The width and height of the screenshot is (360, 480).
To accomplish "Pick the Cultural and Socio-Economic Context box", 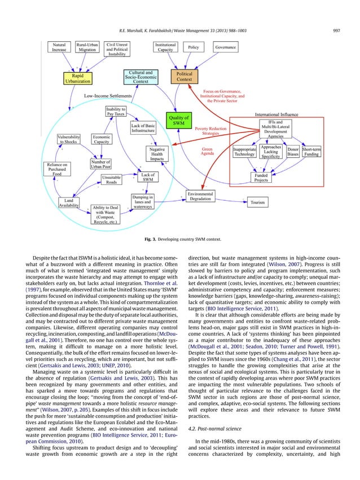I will coord(141,77).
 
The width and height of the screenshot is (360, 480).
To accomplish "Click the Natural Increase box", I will coord(58,47).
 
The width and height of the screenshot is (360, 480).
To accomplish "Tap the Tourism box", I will coord(257,201).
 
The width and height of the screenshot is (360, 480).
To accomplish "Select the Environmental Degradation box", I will coord(200,196).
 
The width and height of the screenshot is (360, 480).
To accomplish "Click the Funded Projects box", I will coord(261,178).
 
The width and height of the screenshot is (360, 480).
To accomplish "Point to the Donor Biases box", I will coord(293,151).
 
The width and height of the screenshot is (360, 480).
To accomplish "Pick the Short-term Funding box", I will coord(312,151).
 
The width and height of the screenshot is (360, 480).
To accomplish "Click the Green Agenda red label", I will coord(207,152).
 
